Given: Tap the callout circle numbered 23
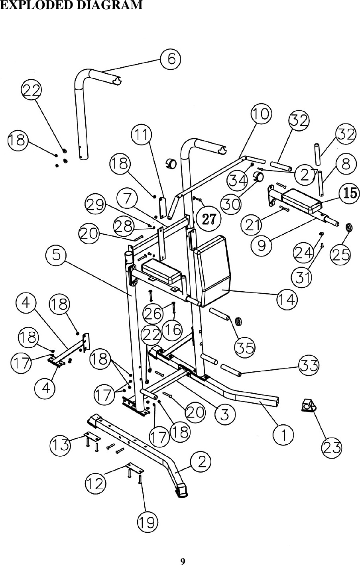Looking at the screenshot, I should point(332,448).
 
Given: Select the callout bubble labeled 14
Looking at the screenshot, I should point(287,299).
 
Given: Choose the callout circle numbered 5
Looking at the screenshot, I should point(57,255).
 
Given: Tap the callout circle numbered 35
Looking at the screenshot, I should point(245,347).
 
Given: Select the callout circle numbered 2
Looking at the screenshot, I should point(201,462).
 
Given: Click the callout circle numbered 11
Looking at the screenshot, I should point(142,135).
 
